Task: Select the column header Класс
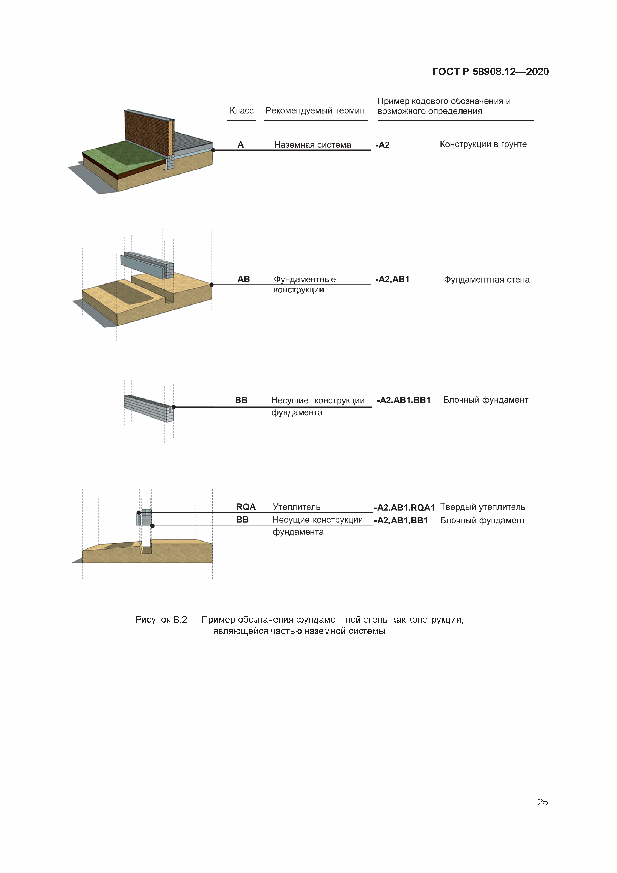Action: coord(241,111)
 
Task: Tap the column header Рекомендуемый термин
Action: coord(315,111)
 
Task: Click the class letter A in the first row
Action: coord(241,145)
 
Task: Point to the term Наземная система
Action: coord(312,145)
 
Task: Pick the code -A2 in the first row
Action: coord(382,145)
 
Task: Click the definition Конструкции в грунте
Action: coord(483,144)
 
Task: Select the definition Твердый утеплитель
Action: coord(482,507)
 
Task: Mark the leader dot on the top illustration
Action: coord(213,150)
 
